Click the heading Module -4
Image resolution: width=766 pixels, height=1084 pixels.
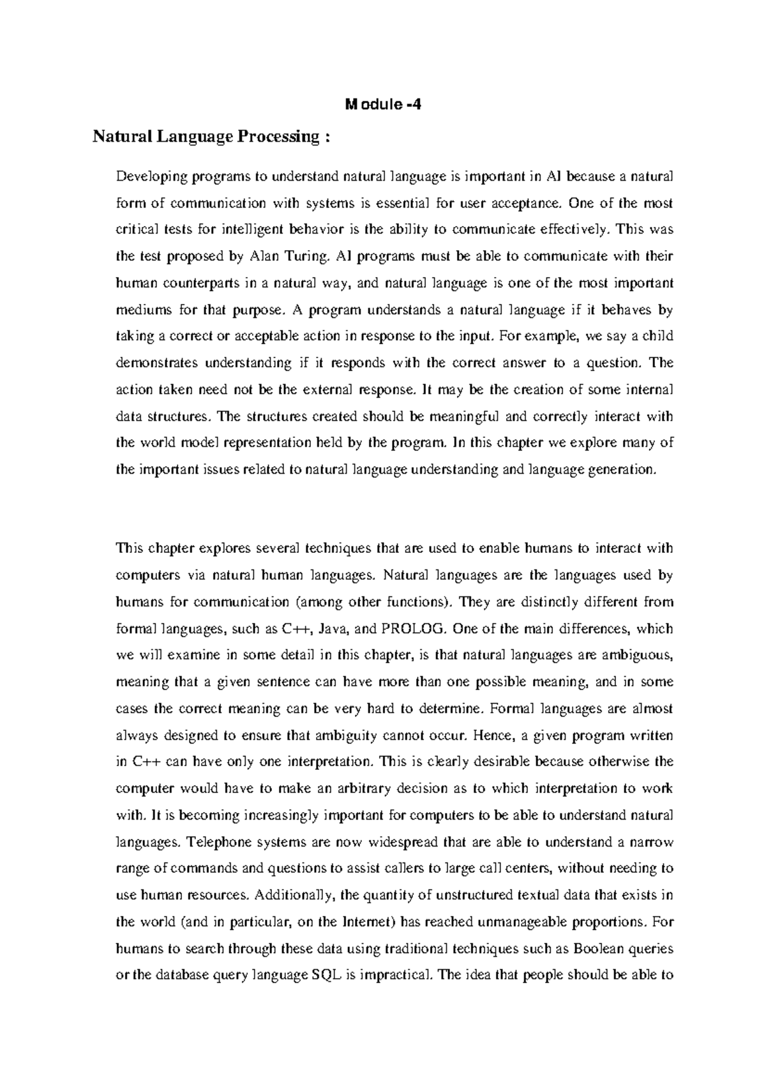(x=383, y=105)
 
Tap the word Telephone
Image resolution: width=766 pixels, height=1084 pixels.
(x=216, y=842)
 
